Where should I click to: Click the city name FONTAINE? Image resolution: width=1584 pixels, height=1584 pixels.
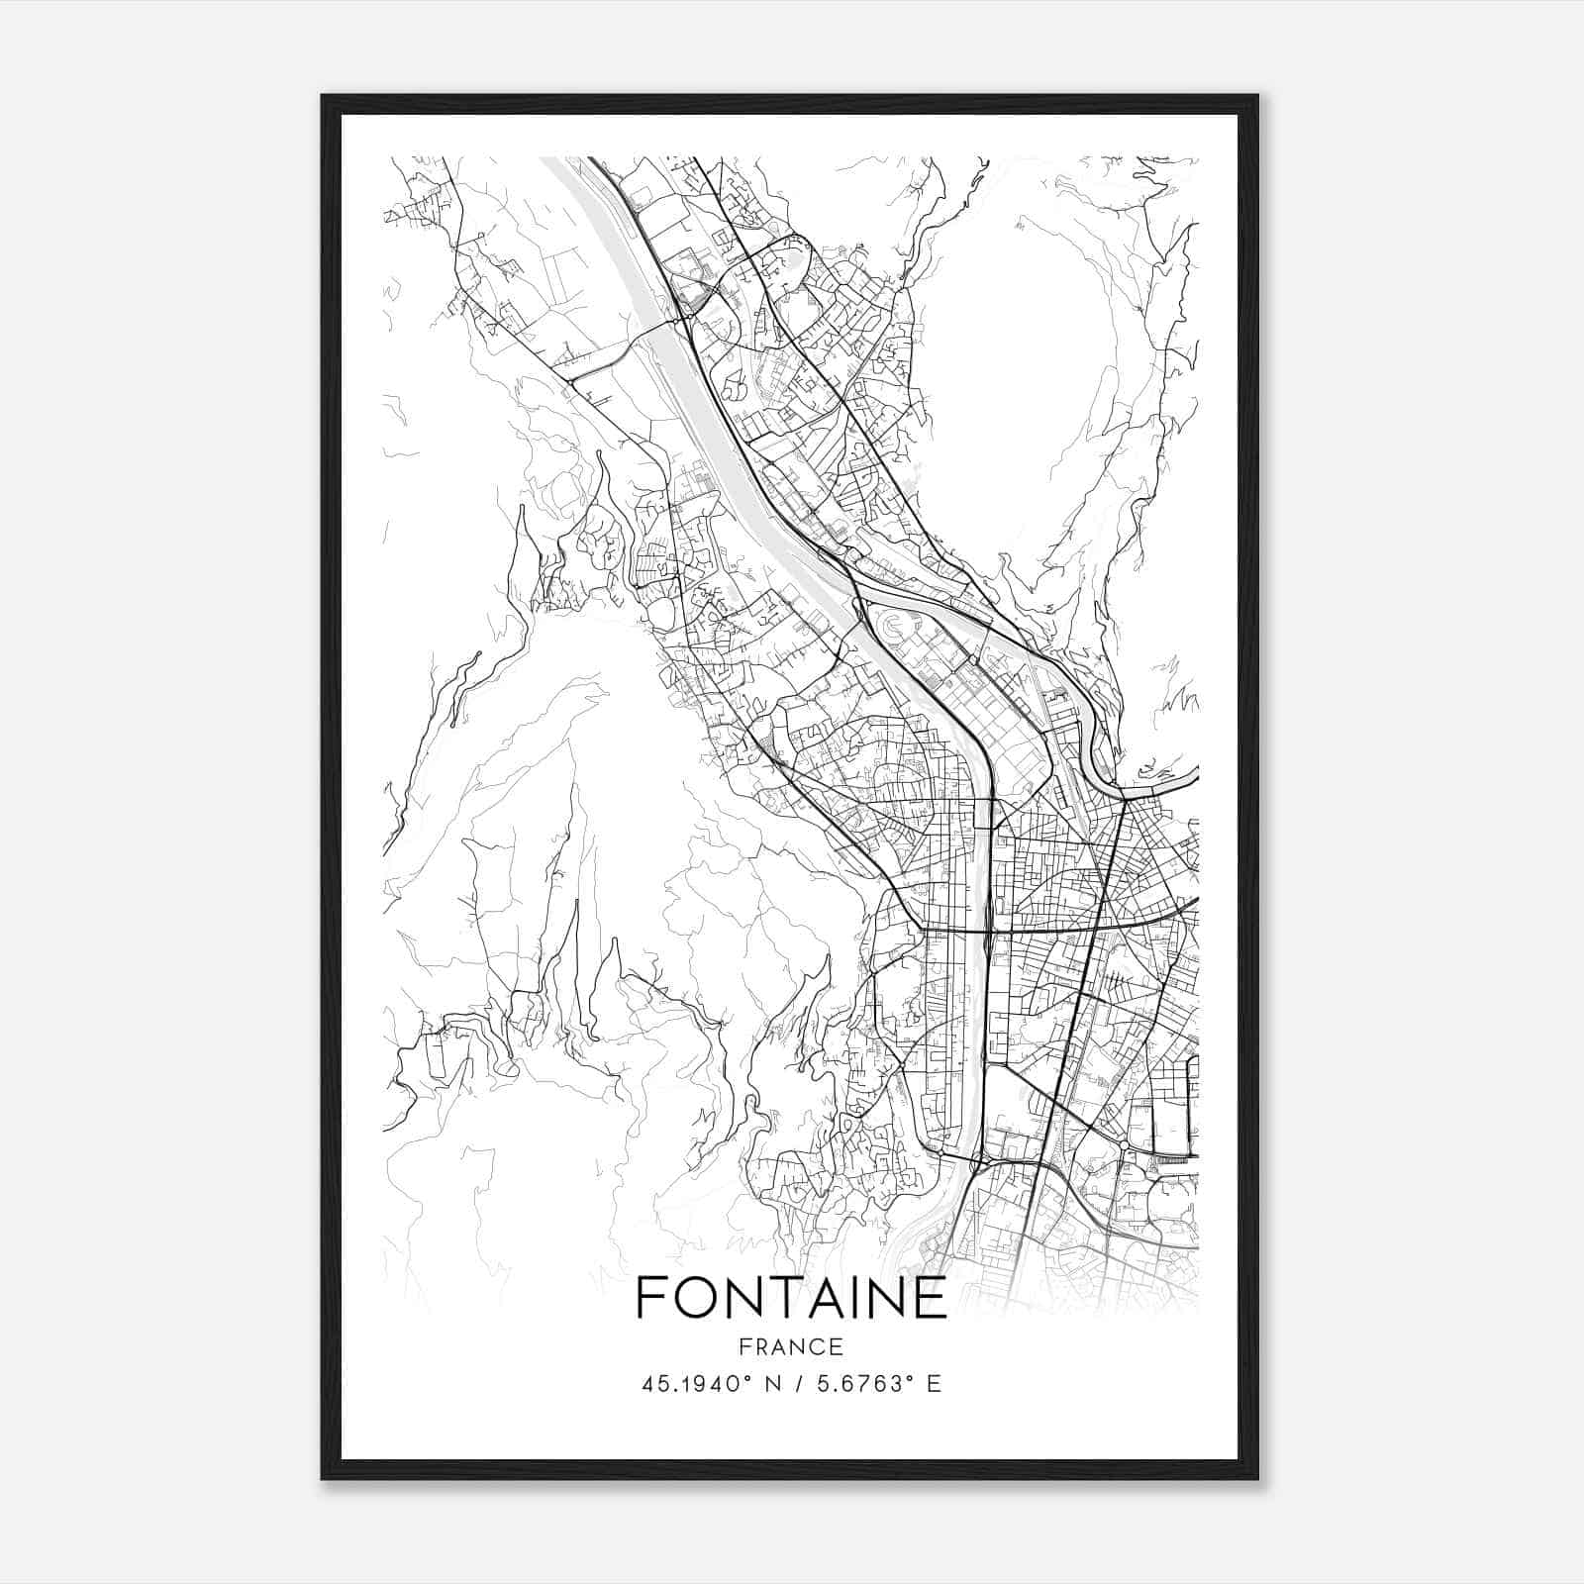(791, 1298)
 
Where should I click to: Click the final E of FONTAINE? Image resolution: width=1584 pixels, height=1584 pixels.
(932, 1298)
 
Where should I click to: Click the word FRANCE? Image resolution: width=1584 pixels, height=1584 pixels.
(791, 1346)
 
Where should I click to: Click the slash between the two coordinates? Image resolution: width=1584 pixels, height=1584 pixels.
(791, 1383)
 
